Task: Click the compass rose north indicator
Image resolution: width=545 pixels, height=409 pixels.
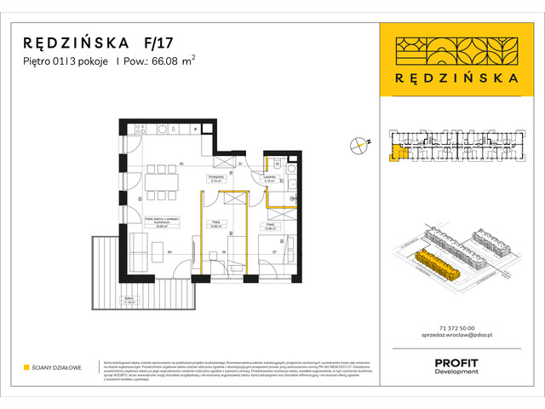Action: tap(361, 146)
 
